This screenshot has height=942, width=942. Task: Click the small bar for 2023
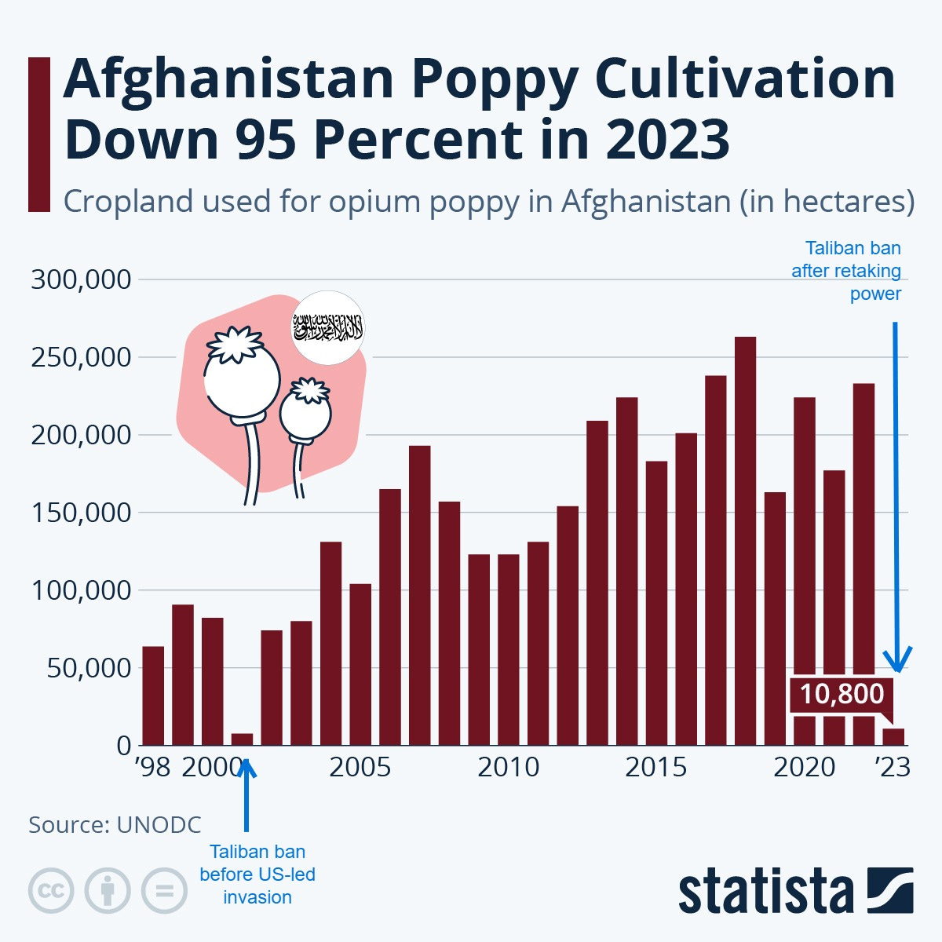click(893, 737)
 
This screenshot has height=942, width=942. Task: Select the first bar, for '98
click(153, 696)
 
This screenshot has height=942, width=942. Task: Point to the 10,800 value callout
click(842, 694)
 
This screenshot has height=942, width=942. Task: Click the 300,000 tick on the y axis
click(79, 279)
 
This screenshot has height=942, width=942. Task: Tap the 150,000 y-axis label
click(79, 513)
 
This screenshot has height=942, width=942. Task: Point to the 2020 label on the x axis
click(805, 767)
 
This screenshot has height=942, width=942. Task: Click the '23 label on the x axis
click(893, 767)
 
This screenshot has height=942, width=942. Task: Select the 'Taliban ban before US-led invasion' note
click(257, 874)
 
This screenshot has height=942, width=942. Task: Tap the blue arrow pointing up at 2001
click(246, 793)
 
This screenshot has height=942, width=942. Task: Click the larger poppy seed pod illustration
click(242, 381)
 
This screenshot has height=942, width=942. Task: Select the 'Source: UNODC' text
click(115, 824)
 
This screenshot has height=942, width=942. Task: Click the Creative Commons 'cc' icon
click(51, 891)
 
